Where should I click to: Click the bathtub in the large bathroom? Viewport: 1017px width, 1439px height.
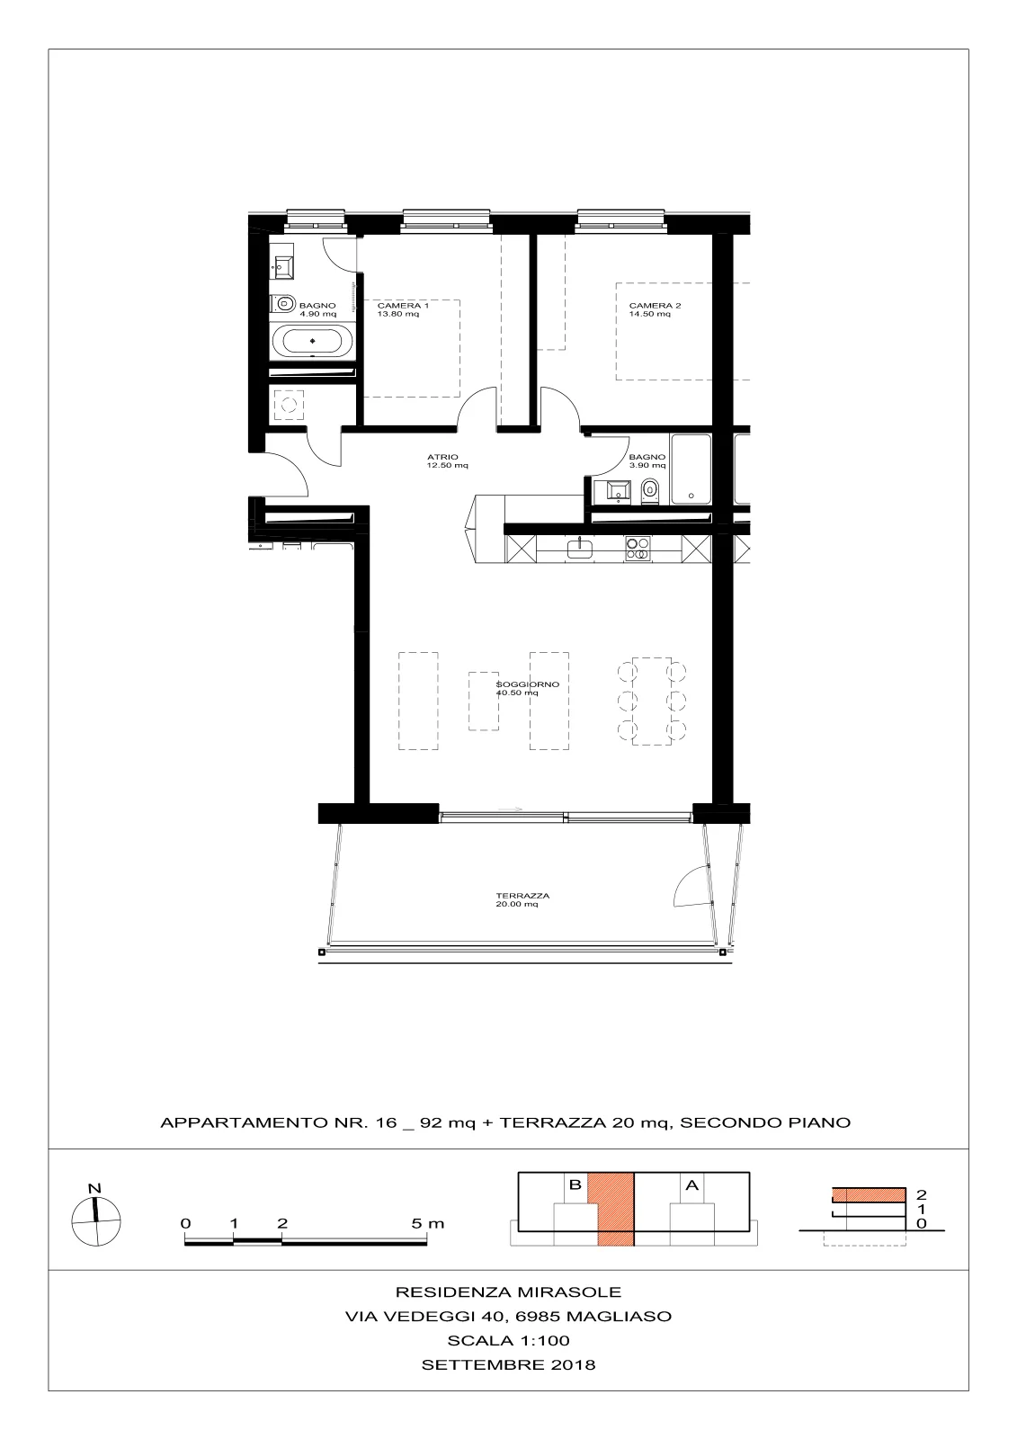tap(312, 341)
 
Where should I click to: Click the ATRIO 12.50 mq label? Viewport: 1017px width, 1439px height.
tap(447, 461)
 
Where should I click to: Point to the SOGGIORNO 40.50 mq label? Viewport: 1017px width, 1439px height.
tap(528, 689)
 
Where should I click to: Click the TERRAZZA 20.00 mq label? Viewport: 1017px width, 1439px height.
tap(522, 899)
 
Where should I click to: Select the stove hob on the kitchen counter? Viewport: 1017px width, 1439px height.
tap(637, 550)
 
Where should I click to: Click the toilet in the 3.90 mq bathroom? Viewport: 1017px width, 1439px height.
tap(649, 492)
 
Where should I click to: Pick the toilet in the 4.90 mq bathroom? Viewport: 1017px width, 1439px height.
tap(282, 303)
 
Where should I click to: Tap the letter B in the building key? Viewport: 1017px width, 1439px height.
tap(575, 1184)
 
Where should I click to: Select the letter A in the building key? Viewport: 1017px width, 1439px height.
tap(691, 1184)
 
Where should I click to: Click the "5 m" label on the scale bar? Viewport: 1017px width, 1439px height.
tap(427, 1223)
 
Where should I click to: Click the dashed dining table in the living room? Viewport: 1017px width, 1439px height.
tap(651, 701)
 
